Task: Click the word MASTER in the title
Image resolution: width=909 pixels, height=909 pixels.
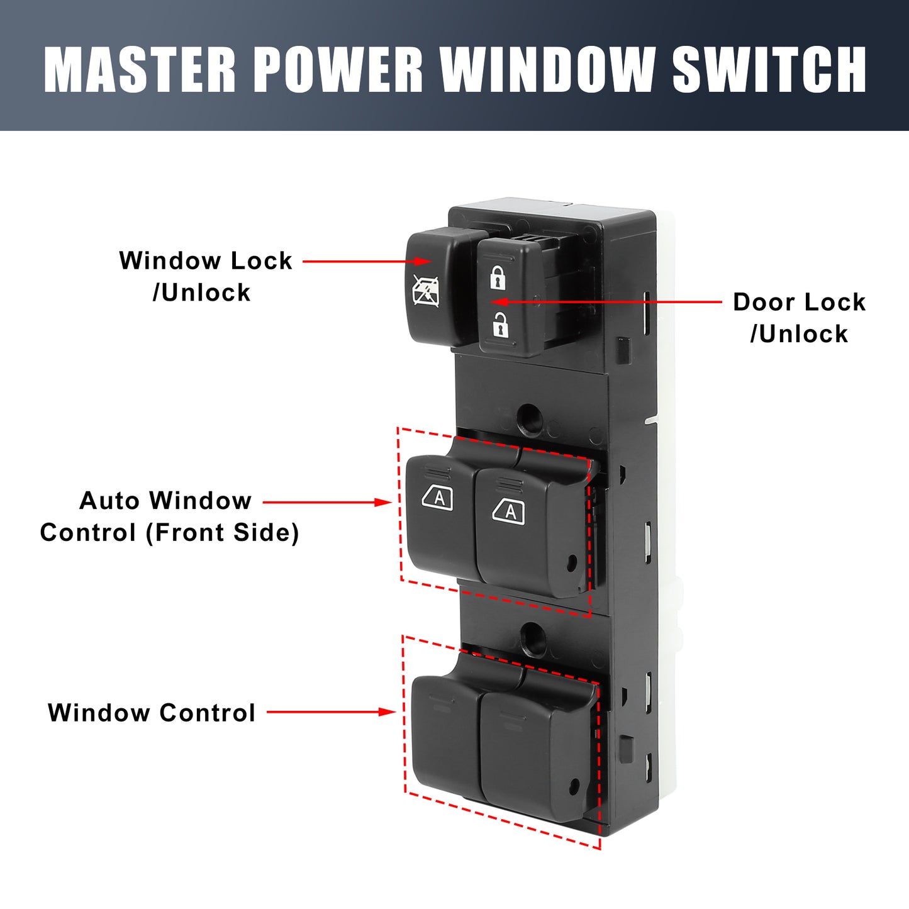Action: (140, 69)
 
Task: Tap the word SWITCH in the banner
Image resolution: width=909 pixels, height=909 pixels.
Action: (769, 69)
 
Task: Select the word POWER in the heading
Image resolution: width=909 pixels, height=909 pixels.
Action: (338, 69)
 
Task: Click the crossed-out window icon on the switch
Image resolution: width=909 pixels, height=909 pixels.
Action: (426, 291)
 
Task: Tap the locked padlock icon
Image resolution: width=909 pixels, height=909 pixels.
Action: (498, 277)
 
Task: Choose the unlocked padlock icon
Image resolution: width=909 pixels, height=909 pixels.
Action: (500, 325)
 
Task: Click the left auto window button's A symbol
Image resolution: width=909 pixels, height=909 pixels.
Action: (438, 498)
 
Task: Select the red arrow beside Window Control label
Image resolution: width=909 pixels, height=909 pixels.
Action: (331, 712)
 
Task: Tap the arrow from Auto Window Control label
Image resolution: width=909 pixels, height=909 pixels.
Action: (327, 502)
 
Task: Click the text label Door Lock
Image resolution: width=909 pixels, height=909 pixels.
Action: (799, 303)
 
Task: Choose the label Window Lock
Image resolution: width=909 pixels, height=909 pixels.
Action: (206, 261)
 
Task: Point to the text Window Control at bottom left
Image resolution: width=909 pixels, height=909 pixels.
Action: (152, 713)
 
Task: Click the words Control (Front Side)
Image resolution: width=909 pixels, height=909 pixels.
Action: (169, 533)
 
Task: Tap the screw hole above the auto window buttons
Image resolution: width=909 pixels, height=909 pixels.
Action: (530, 417)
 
